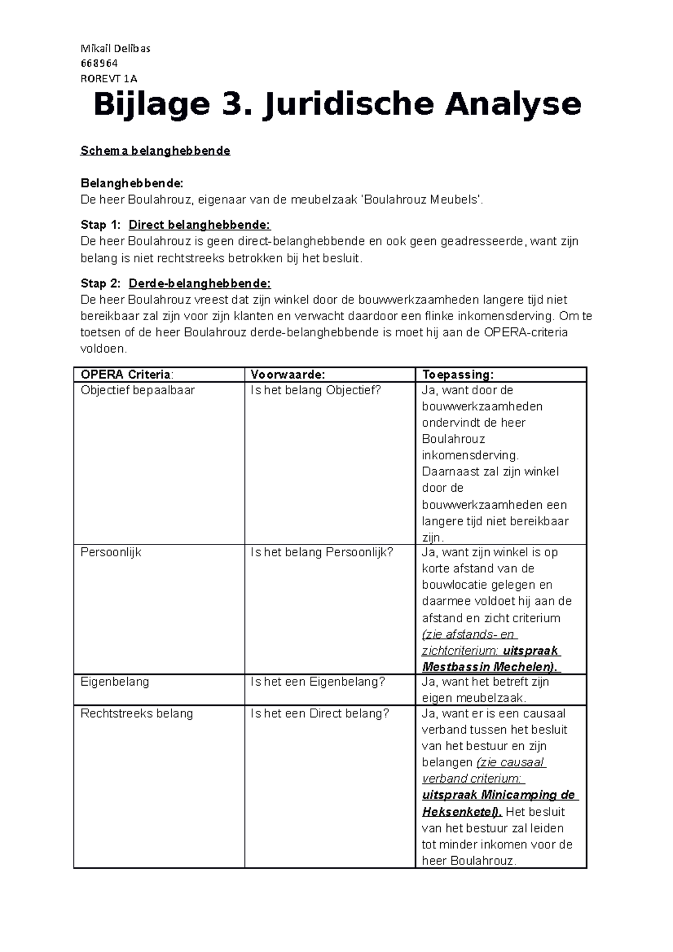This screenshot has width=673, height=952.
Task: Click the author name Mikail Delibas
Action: [116, 49]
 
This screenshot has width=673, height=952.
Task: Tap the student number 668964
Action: [99, 63]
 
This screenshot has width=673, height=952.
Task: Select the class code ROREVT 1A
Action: [109, 78]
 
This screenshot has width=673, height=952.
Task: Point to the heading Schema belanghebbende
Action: [155, 151]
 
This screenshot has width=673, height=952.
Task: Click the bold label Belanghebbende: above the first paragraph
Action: [131, 183]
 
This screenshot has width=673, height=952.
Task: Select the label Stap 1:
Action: [100, 225]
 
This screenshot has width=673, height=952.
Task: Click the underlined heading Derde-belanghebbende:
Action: [200, 283]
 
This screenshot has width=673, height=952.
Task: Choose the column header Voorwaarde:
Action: [288, 375]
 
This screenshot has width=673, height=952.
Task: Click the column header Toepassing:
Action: [458, 375]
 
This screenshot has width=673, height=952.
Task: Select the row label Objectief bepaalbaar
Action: [137, 390]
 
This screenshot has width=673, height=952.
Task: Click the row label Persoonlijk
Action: [111, 552]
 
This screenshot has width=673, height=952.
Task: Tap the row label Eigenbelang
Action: [115, 682]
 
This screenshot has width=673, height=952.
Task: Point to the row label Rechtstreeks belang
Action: [137, 714]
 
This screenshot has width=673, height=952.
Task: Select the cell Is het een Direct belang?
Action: [320, 714]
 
